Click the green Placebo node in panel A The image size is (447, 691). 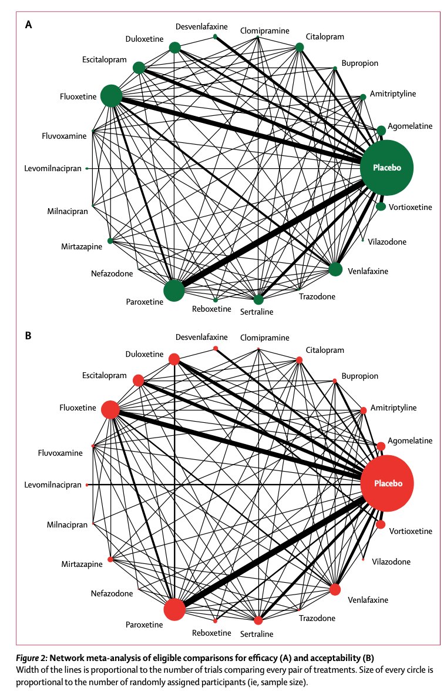386,168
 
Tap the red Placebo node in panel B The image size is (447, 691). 387,483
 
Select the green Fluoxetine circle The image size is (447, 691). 112,96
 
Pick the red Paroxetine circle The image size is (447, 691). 174,609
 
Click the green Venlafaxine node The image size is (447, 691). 335,269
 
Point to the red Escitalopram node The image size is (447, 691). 139,380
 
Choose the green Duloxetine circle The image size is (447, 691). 174,48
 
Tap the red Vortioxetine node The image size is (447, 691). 381,525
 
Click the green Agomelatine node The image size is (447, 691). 381,130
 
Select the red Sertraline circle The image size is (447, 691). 258,620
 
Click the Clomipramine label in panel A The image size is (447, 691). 265,31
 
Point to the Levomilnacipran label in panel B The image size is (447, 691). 53,485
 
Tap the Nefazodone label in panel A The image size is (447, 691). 112,273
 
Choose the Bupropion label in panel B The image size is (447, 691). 360,376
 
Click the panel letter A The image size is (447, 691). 29,25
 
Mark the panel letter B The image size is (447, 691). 28,336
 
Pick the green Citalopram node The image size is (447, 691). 299,47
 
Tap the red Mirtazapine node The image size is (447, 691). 110,559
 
